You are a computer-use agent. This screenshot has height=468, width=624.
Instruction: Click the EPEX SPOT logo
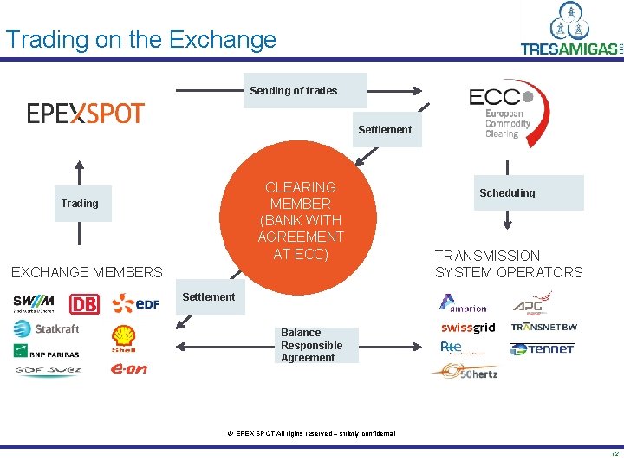pos(85,113)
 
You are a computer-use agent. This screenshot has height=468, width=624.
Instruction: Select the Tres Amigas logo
pos(570,31)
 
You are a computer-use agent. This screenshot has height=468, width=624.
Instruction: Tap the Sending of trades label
pos(295,90)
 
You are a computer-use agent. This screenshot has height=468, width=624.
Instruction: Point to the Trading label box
pos(80,204)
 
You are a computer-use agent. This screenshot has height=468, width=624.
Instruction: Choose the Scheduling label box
pos(507,192)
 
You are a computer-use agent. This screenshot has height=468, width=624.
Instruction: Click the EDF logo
pos(136,302)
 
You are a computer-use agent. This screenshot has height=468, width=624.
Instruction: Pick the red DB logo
pos(84,304)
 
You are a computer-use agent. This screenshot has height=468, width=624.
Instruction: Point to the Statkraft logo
pos(46,328)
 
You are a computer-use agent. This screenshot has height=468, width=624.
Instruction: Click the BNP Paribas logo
pos(46,351)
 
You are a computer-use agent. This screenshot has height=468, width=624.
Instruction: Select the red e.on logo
pos(128,369)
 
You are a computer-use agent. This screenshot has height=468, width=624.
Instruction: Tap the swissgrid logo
pos(468,328)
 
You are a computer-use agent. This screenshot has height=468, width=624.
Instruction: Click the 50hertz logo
pos(465,371)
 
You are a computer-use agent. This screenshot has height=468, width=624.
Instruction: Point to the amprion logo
pos(464,304)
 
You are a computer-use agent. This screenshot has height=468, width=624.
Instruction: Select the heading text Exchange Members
pos(87,272)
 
